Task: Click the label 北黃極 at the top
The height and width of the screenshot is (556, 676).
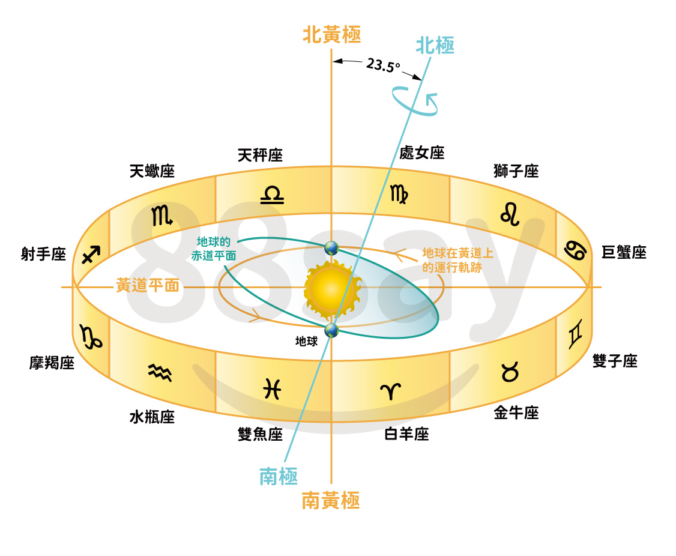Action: tap(331, 34)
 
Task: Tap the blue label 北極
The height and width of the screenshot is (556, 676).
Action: tap(435, 45)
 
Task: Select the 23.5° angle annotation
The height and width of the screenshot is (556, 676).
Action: tap(383, 65)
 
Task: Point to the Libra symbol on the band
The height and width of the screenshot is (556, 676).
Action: tap(272, 195)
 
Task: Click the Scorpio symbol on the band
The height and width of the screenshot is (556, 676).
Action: tap(161, 215)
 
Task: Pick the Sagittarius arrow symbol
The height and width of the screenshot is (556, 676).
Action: tap(91, 255)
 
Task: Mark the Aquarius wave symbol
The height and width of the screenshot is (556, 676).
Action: tap(160, 373)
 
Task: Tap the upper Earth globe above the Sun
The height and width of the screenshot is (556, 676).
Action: tap(331, 249)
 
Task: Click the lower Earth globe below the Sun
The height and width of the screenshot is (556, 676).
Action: tap(331, 331)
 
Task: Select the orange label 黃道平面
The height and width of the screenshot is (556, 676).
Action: tap(148, 286)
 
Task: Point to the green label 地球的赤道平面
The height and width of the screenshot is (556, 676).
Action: tap(214, 249)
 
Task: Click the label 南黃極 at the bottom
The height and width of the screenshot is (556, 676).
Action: tap(331, 501)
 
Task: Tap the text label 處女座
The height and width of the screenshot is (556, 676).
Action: tap(421, 153)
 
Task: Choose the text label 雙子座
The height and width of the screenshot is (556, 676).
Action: tap(615, 361)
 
